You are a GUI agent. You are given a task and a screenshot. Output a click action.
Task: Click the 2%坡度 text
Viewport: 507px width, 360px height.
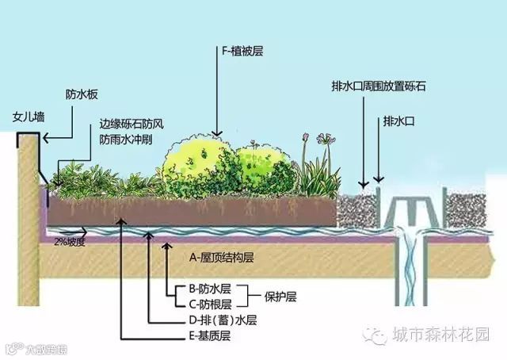tap(69, 240)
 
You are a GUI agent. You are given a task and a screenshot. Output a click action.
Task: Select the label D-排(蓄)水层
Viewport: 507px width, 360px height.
tap(219, 321)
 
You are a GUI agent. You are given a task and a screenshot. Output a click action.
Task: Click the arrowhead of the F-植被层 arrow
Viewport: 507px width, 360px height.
tap(215, 135)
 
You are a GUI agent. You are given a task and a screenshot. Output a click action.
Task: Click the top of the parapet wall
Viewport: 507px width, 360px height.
tap(29, 136)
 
